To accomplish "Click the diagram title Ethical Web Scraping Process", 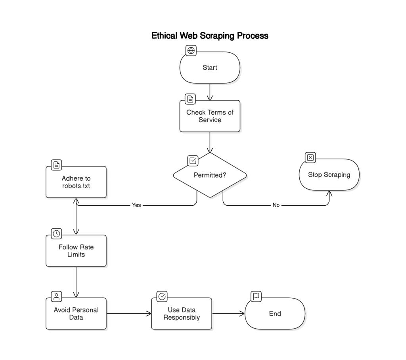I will pos(210,36).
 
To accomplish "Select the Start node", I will pos(210,68).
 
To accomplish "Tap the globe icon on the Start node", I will pos(191,50).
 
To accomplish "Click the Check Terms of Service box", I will pos(210,116).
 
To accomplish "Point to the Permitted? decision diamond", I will pos(210,175).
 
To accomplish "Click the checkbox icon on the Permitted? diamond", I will pos(193,161).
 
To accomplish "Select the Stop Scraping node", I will pos(329,175).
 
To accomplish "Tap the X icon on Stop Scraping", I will pos(310,157).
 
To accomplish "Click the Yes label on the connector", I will pos(136,205).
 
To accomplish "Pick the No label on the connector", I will pos(276,205).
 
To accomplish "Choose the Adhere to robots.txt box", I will pos(76,182).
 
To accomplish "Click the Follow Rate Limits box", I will pos(76,251).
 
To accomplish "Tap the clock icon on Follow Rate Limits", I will pos(57,234).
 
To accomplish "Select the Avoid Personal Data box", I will pos(76,314).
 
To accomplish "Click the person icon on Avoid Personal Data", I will pos(57,296).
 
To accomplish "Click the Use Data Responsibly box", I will pos(182,314).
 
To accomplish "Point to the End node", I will pos(275,314).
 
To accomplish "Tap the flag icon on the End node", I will pos(256,296).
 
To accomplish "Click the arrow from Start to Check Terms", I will pos(210,92).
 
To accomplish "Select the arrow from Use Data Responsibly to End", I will pos(228,314).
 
